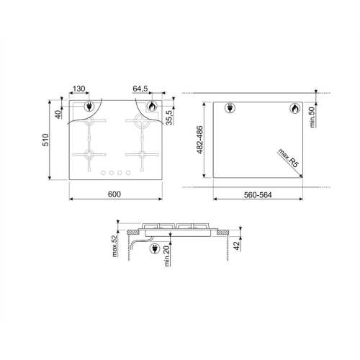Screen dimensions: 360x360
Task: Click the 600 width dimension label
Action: pos(114,194)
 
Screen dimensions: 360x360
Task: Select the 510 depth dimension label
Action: pos(45,140)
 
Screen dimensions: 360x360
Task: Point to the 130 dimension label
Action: pos(78,89)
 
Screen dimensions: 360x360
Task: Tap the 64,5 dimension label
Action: pos(140,89)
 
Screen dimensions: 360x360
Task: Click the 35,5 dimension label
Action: pos(169,117)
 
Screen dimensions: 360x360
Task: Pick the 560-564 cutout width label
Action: pos(258,195)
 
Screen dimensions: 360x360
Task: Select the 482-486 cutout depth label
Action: pos(199,140)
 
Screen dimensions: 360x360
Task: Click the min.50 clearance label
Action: pos(312,117)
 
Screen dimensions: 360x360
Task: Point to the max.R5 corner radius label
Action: pos(288,158)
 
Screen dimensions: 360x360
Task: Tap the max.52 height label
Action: pos(115,246)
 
